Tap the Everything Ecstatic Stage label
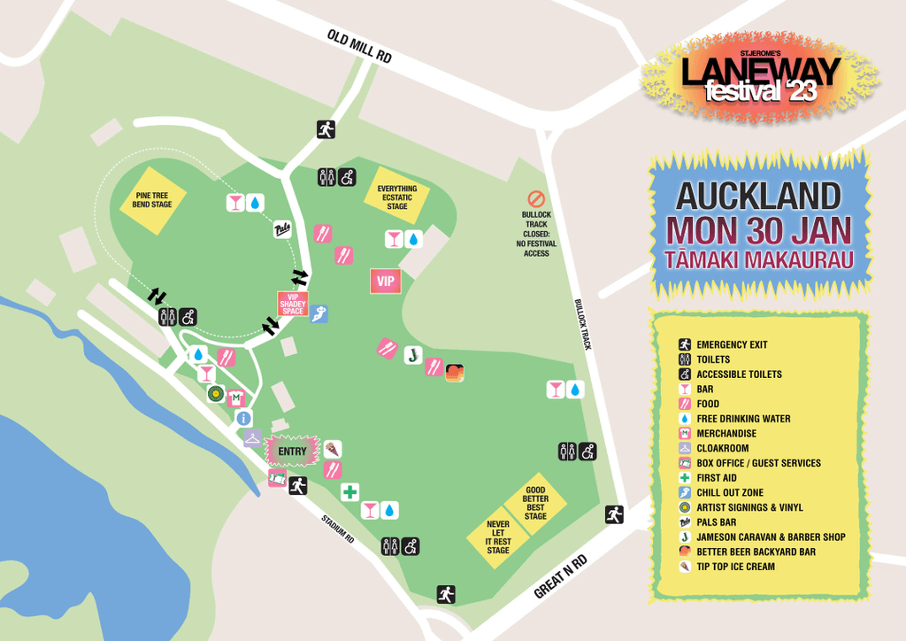396,197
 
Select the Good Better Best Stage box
535,503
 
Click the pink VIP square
386,282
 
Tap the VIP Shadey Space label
292,305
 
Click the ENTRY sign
292,452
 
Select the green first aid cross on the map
350,492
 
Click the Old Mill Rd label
358,46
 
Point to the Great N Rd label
561,577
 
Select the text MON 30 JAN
759,229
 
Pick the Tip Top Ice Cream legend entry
735,567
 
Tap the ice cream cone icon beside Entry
332,449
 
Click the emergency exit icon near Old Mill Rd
326,129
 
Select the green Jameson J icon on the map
411,356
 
